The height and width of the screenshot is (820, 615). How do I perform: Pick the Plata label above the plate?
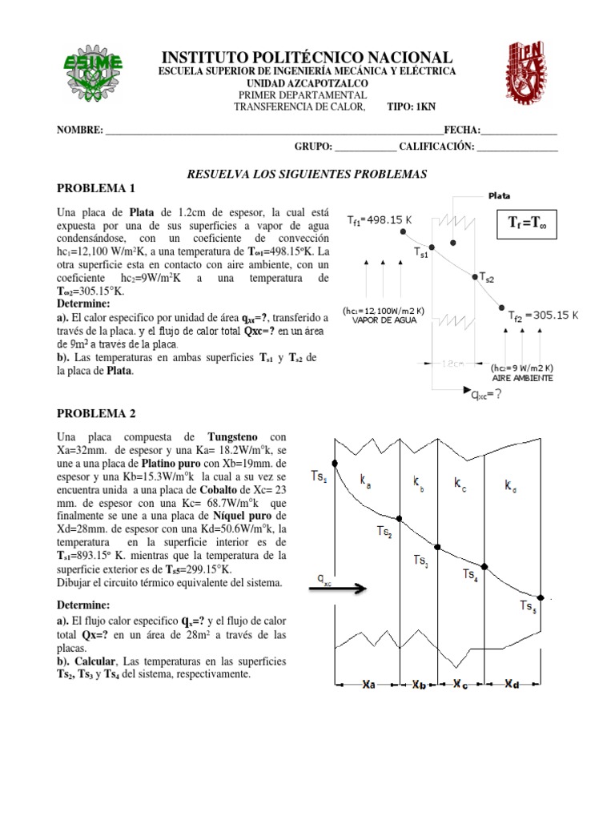(x=499, y=195)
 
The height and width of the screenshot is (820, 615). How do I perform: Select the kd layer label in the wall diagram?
(x=511, y=484)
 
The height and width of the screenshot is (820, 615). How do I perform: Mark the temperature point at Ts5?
(x=542, y=597)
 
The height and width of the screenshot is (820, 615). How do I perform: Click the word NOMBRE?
(x=79, y=131)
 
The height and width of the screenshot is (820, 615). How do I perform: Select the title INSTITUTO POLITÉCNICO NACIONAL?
(x=307, y=58)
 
